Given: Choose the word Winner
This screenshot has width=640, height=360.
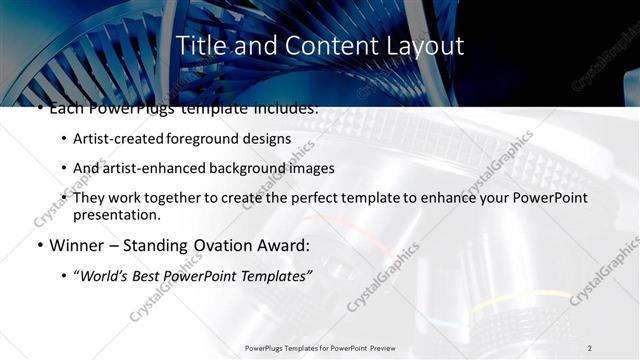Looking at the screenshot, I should [78, 244].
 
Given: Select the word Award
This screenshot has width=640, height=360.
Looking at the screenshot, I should [289, 244].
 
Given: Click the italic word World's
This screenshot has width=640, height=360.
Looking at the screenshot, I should [104, 275].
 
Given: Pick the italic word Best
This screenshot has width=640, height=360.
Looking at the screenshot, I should [148, 275].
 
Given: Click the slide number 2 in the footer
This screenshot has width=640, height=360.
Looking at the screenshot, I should [590, 347].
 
